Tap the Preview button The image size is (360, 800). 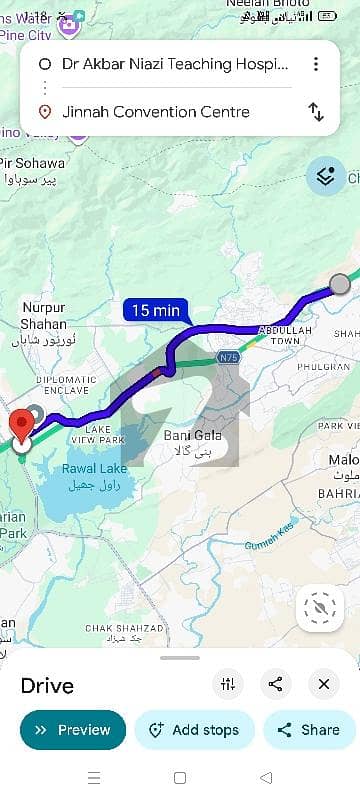(73, 730)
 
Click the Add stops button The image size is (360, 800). (195, 730)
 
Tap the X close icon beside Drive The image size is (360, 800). (324, 684)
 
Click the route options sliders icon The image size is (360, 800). (228, 684)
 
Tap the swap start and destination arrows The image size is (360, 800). (316, 112)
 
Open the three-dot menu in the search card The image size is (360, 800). (316, 64)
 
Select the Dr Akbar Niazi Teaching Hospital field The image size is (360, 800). (175, 64)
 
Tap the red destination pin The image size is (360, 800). (21, 424)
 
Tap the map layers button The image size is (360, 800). (325, 176)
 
